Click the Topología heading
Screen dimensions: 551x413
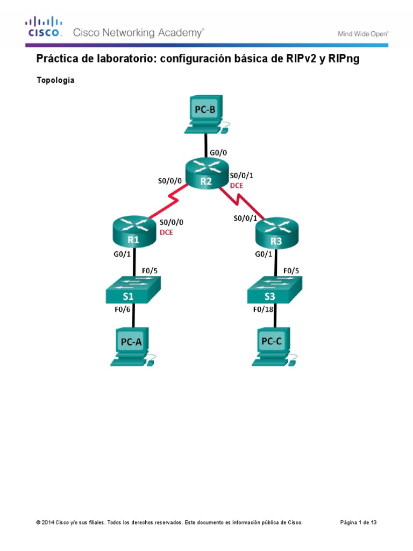point(55,81)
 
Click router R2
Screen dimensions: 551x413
point(206,174)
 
